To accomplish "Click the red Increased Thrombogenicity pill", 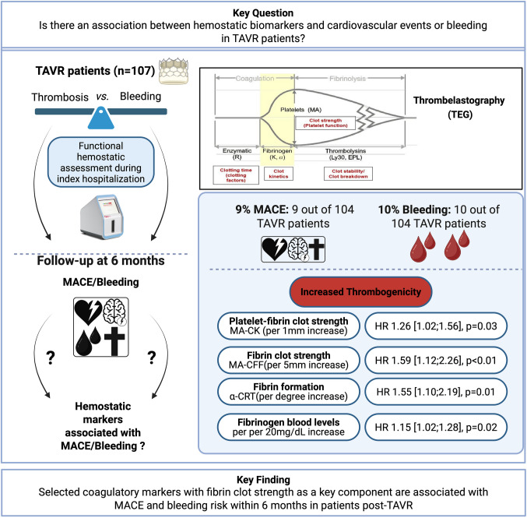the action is (360, 291).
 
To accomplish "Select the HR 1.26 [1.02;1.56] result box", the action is (436, 326).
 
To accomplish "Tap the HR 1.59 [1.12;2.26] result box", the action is (436, 360).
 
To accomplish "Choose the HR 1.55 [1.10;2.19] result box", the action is (436, 392).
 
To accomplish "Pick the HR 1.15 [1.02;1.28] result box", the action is (436, 427).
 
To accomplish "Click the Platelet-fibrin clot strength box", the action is (289, 326).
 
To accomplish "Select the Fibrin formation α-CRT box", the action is (289, 392).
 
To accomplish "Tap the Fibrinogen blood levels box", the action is (289, 427).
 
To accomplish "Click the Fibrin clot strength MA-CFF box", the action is (289, 360).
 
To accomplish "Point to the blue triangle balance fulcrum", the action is (101, 118).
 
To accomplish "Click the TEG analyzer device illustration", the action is (102, 217).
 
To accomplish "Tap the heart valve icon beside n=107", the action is (174, 71).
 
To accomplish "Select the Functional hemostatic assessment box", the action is (101, 162).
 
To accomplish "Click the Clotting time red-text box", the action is (236, 175).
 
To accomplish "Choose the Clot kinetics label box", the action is (279, 174).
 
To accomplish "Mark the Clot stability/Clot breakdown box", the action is (348, 174).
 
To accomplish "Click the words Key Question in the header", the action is (263, 12).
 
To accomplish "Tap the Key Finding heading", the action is (263, 480).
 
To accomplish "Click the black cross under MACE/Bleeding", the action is (114, 341).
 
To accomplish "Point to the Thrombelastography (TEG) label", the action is (459, 107).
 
